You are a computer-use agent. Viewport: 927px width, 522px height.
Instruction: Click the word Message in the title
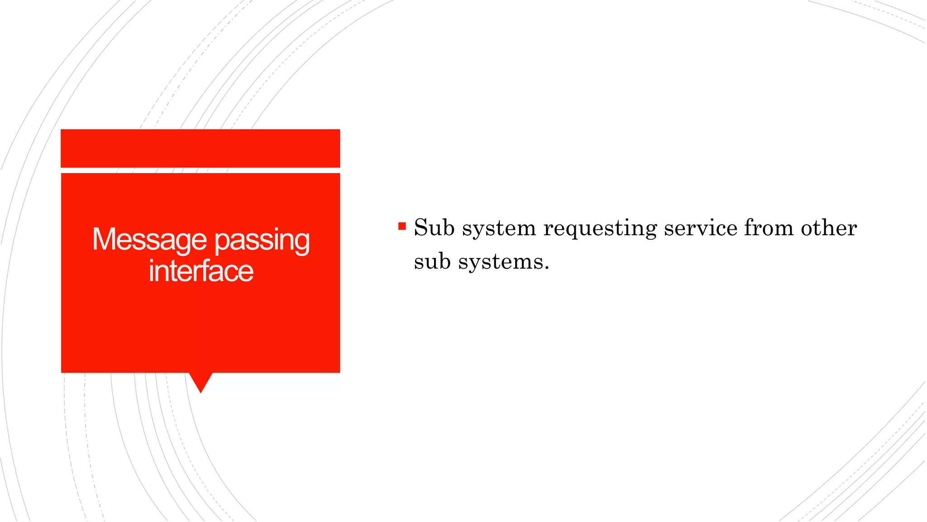tap(149, 240)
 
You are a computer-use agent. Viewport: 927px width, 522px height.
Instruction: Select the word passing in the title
tap(262, 241)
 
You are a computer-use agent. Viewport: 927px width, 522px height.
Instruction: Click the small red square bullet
tap(402, 226)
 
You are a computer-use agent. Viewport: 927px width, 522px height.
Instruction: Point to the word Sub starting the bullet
tap(434, 227)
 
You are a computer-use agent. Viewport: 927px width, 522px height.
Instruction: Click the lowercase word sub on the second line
tap(432, 261)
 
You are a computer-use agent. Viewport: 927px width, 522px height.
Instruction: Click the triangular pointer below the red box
tap(201, 381)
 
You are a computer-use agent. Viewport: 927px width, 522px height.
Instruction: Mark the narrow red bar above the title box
tap(201, 148)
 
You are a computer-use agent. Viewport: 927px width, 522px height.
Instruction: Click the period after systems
tap(547, 268)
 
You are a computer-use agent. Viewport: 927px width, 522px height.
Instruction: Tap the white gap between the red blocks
tap(201, 170)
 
